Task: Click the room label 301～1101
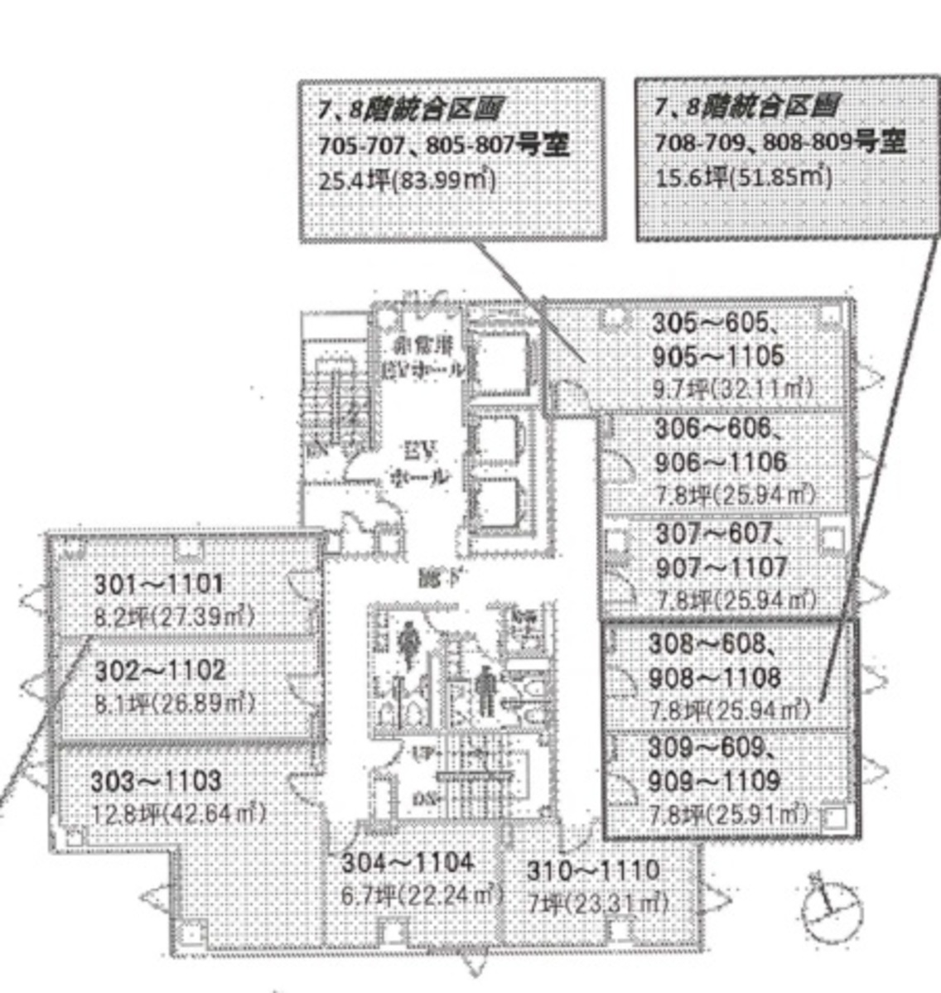[x=158, y=585]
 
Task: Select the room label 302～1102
[x=159, y=669]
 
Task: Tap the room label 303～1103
[x=156, y=780]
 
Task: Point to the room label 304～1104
[x=408, y=862]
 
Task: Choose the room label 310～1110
[x=593, y=870]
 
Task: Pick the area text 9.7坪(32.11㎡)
[x=732, y=388]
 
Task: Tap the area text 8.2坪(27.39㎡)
[x=174, y=617]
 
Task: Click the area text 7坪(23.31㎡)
[x=597, y=903]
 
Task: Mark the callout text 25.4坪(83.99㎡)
[x=408, y=180]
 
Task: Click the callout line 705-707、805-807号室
[x=444, y=146]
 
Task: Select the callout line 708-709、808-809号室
[x=779, y=142]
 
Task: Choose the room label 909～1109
[x=714, y=780]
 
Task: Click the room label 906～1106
[x=720, y=461]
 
